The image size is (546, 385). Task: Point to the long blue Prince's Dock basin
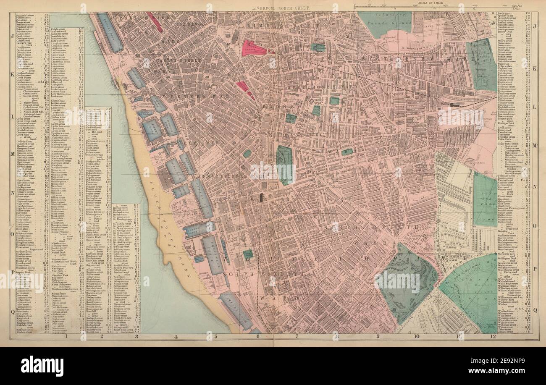110,32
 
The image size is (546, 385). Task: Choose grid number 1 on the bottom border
66,336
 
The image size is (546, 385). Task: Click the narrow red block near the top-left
154,22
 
